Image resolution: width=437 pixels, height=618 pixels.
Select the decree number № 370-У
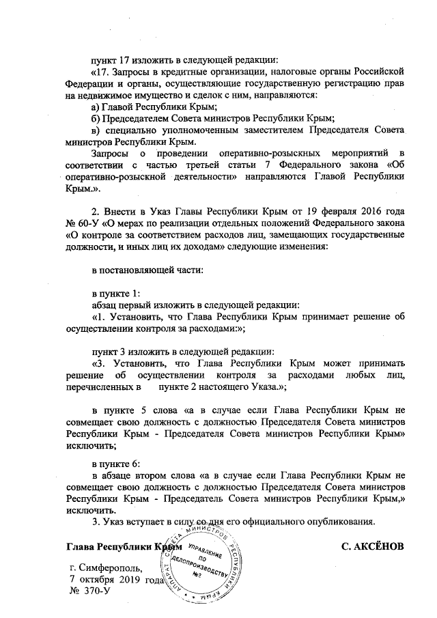tap(90, 589)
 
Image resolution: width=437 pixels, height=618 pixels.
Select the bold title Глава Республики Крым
tap(123, 547)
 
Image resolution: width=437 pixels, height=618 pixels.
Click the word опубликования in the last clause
tap(334, 522)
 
